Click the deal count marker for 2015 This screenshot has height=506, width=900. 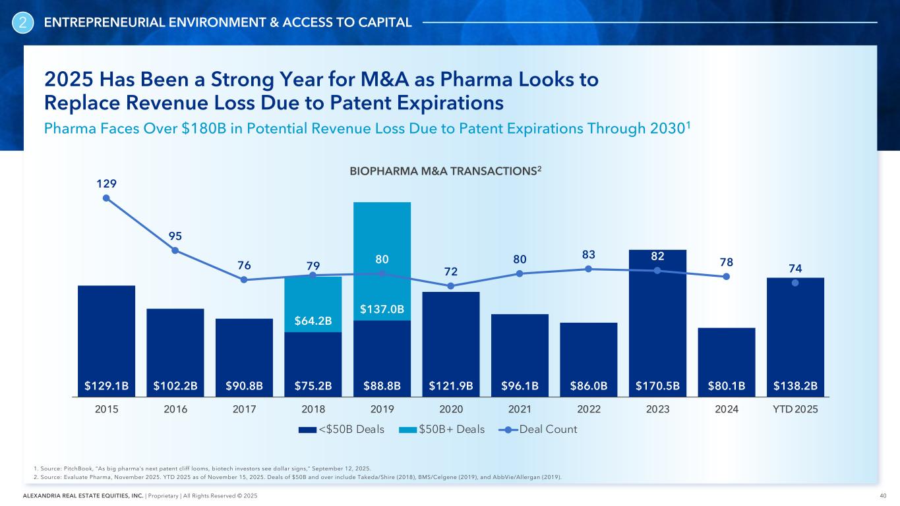tap(106, 198)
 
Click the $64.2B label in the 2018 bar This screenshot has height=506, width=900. tap(313, 321)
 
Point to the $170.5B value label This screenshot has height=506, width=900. tap(657, 384)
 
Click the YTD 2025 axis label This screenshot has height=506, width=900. tap(795, 409)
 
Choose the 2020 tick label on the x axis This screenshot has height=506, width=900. tap(451, 409)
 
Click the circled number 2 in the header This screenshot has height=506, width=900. tap(23, 23)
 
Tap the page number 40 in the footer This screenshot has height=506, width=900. tap(882, 495)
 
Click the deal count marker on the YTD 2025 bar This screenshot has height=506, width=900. tap(795, 283)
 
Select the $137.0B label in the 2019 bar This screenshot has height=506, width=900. tap(382, 308)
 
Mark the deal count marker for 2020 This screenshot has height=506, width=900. tap(451, 286)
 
